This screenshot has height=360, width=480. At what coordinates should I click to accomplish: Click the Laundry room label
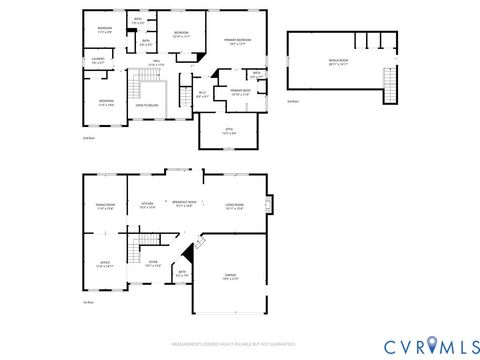click(x=98, y=62)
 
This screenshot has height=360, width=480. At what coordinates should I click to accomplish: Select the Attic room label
click(x=227, y=130)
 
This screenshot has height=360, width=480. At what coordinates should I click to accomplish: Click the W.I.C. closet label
click(x=202, y=95)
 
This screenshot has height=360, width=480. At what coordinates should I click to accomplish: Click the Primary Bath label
click(x=240, y=92)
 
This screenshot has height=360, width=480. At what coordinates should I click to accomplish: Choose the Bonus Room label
click(x=338, y=62)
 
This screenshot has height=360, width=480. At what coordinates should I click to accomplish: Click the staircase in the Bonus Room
click(x=391, y=86)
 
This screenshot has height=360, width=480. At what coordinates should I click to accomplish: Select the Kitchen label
click(x=147, y=206)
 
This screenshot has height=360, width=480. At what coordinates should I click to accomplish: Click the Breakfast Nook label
click(x=184, y=205)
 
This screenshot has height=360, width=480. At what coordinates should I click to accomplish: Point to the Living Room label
click(x=236, y=207)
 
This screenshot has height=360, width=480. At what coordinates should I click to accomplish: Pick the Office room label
click(x=105, y=266)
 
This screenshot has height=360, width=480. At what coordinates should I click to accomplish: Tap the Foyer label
click(x=154, y=266)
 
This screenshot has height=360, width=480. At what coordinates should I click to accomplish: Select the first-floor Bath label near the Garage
click(x=182, y=273)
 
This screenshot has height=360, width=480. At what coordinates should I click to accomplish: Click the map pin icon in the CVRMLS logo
click(x=432, y=345)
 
